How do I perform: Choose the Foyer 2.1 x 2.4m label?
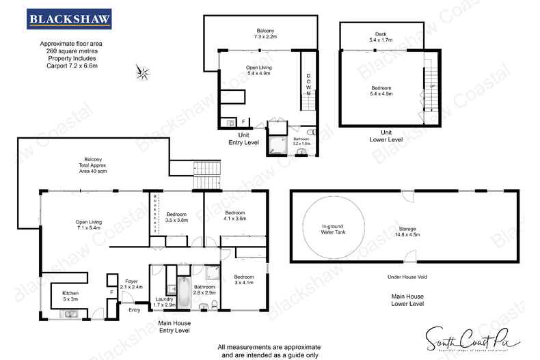pyautogui.click(x=133, y=284)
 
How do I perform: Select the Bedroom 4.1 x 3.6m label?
pyautogui.click(x=234, y=216)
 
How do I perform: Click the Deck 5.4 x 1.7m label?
pyautogui.click(x=381, y=37)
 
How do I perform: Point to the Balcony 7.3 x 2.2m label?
pyautogui.click(x=266, y=33)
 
